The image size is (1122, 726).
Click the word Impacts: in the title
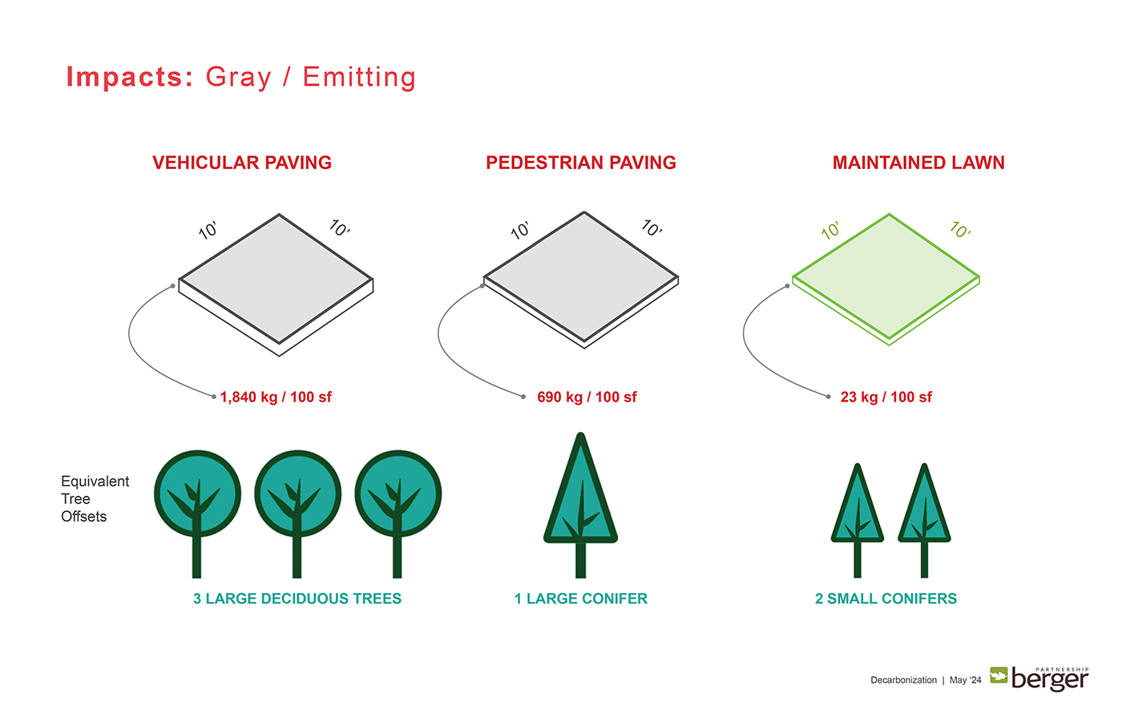pyautogui.click(x=130, y=77)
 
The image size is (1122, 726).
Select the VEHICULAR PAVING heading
pyautogui.click(x=242, y=163)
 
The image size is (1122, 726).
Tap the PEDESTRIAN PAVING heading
pyautogui.click(x=581, y=163)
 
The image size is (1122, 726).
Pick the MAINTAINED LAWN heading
pyautogui.click(x=918, y=163)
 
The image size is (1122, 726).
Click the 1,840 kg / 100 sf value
pyautogui.click(x=276, y=397)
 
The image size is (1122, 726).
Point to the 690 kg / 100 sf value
pyautogui.click(x=587, y=397)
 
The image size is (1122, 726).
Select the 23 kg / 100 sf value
pyautogui.click(x=886, y=397)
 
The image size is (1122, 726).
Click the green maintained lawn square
pyautogui.click(x=886, y=278)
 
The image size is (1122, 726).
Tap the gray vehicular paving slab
pyautogui.click(x=276, y=284)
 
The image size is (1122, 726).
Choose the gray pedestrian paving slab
pyautogui.click(x=581, y=280)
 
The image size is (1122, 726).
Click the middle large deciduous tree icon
pyautogui.click(x=297, y=514)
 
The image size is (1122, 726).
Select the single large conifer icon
pyautogui.click(x=580, y=505)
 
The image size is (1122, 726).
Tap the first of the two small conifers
pyautogui.click(x=858, y=521)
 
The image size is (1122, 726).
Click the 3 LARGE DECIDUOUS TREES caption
pyautogui.click(x=297, y=599)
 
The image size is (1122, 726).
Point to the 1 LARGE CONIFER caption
pyautogui.click(x=581, y=599)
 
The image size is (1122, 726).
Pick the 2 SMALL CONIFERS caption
pyautogui.click(x=886, y=599)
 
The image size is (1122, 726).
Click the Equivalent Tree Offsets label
pyautogui.click(x=95, y=498)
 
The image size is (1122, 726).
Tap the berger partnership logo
pyautogui.click(x=1039, y=679)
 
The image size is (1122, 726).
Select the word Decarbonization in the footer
pyautogui.click(x=904, y=680)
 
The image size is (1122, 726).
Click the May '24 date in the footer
pyautogui.click(x=965, y=680)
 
